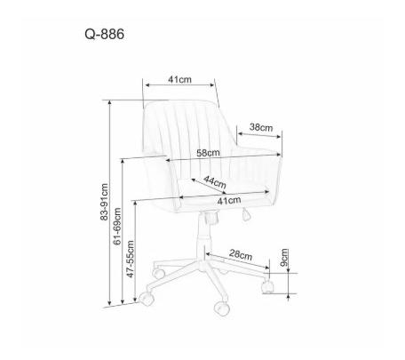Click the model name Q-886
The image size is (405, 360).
click(x=105, y=35)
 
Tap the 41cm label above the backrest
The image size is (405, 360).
click(x=179, y=79)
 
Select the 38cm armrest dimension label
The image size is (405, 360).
click(x=261, y=127)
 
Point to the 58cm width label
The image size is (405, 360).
click(x=208, y=153)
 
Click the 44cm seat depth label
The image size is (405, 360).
click(x=215, y=182)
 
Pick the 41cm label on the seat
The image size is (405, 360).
click(x=229, y=201)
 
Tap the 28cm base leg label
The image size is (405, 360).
click(x=241, y=255)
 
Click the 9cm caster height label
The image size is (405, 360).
click(x=284, y=258)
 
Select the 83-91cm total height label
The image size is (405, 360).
click(x=104, y=202)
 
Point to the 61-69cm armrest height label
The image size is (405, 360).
click(x=117, y=226)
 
